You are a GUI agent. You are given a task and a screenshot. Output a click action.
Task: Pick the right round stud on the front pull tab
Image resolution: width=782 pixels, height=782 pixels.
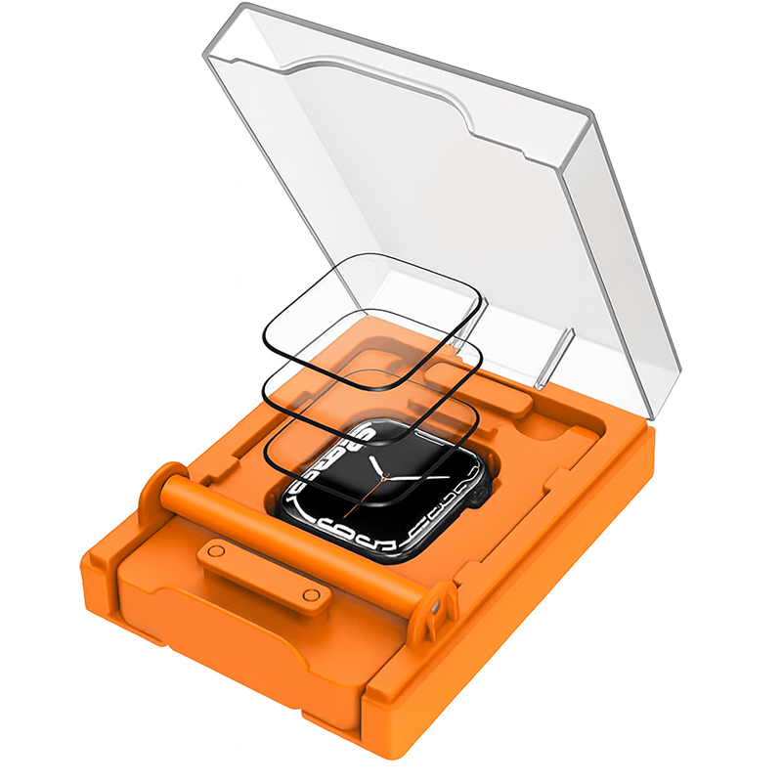point(310,594)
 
